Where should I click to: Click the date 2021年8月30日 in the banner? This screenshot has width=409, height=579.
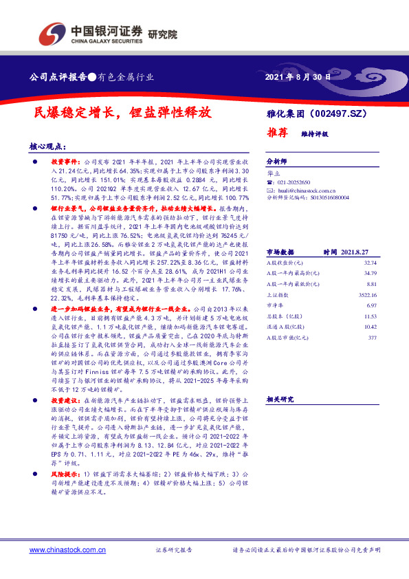pyautogui.click(x=297, y=77)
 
